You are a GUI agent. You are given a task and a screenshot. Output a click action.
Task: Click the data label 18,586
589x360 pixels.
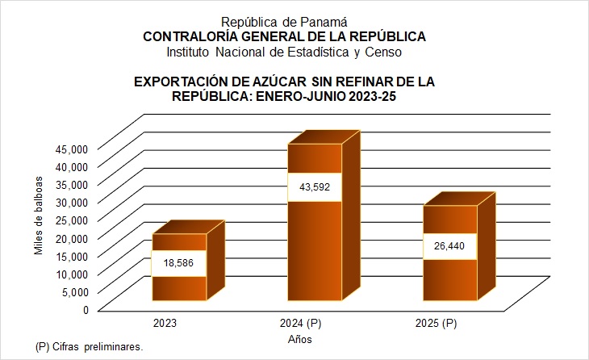click(178, 264)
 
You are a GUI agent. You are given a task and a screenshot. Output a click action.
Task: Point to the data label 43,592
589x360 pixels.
click(314, 187)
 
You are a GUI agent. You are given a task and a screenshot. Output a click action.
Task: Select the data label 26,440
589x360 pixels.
click(450, 246)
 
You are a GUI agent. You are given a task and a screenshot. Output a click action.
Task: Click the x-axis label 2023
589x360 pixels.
click(165, 324)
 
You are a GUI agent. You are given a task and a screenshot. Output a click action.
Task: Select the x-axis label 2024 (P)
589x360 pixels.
click(300, 324)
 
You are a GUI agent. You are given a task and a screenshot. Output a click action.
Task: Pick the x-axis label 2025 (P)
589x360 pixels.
click(436, 324)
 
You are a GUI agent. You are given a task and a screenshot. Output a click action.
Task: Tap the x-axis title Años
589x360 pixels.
click(299, 340)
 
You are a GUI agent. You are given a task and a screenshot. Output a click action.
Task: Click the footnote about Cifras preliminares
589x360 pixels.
click(89, 346)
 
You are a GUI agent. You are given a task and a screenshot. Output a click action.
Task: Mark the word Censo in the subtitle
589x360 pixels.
click(384, 52)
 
